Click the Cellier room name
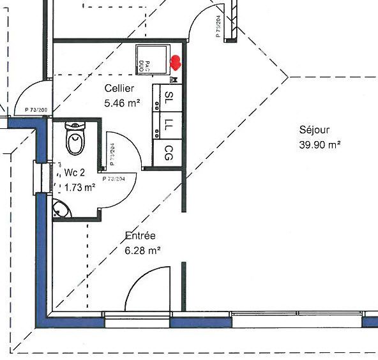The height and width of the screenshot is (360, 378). [x=119, y=89]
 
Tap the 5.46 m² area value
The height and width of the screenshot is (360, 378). [x=122, y=101]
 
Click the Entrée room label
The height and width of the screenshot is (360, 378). [x=140, y=236]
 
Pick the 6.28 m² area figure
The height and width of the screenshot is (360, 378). [x=142, y=250]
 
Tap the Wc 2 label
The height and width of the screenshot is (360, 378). [x=76, y=173]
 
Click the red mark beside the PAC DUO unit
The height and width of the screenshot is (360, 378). [x=176, y=63]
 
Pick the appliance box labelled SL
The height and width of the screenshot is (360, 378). [x=169, y=98]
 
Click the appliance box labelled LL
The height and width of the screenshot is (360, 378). [x=169, y=124]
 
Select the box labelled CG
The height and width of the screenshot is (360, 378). [x=169, y=153]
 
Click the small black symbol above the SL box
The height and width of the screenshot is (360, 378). [x=175, y=80]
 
